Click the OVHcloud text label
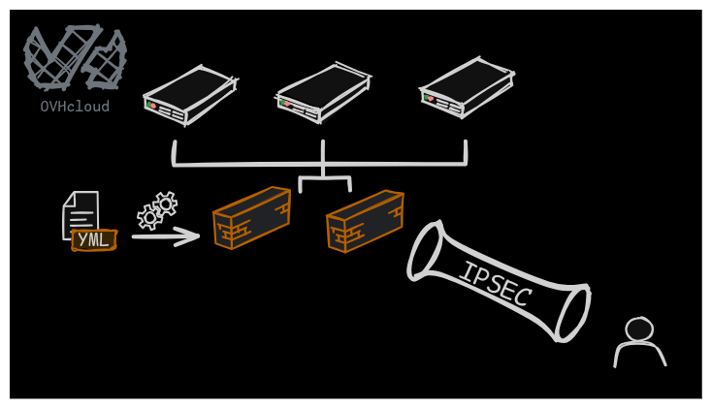coord(75,107)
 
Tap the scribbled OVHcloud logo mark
coord(75,57)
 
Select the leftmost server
coord(190,95)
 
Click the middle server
coord(324,93)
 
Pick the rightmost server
coord(467,87)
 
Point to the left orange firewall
coord(251,218)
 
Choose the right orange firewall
coord(365,221)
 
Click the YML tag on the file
coord(94,239)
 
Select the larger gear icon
coord(166,204)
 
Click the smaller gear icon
coord(149,217)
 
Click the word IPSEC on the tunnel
coord(494,284)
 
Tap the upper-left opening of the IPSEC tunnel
coord(426,250)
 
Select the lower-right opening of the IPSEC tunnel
coord(572,312)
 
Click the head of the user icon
coord(638,330)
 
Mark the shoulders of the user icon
coord(639,355)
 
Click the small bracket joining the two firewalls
coord(324,181)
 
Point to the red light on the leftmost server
coord(153,106)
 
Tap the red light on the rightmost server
coord(431,98)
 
